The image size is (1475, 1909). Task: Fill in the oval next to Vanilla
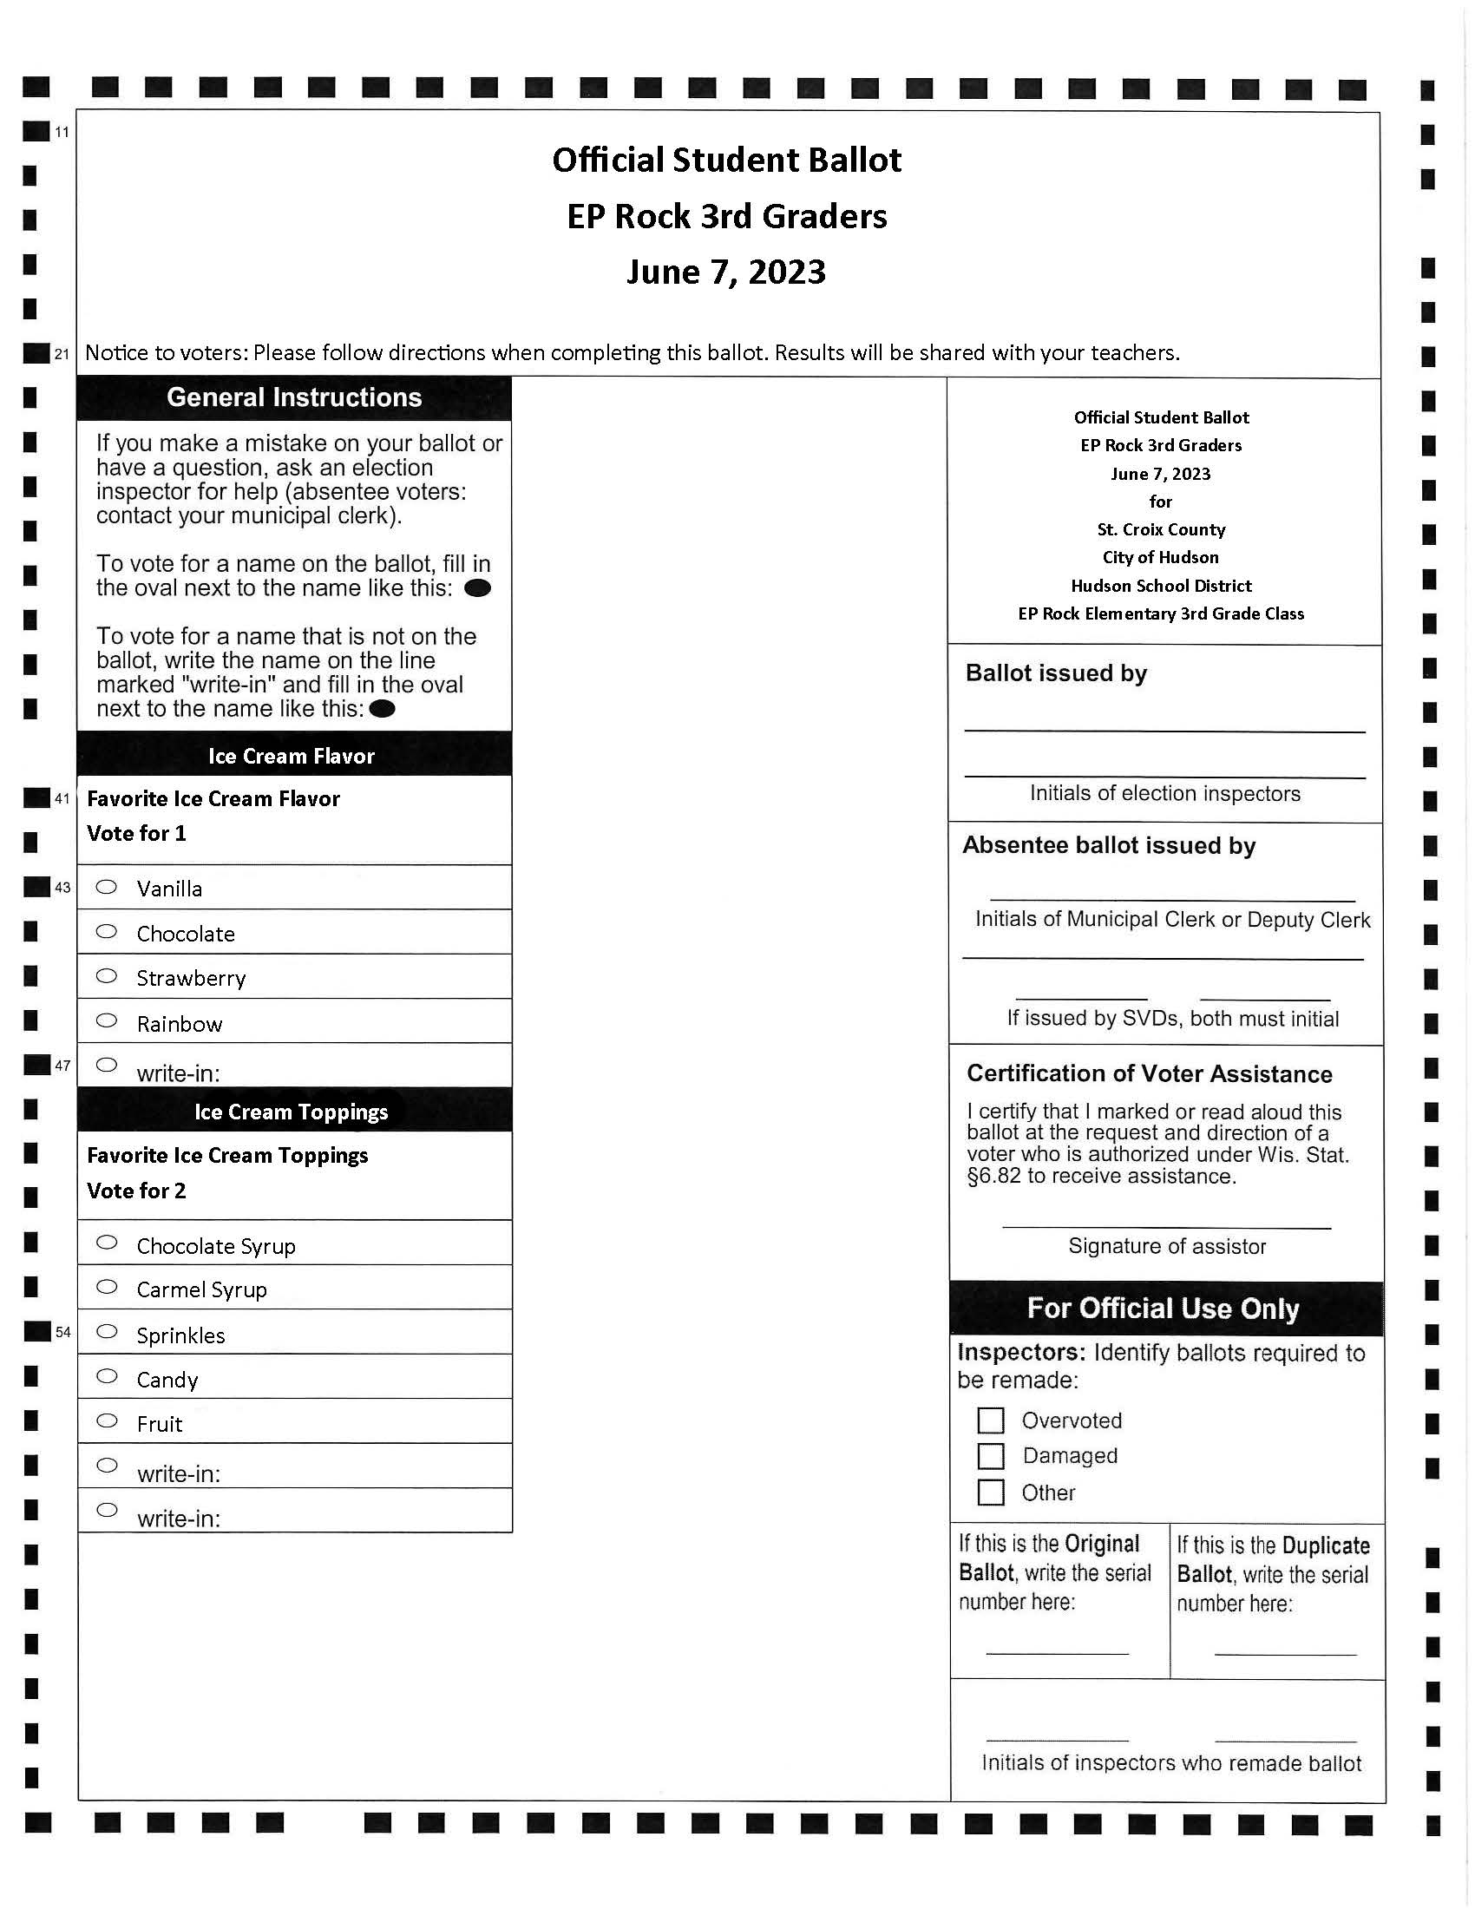tap(107, 886)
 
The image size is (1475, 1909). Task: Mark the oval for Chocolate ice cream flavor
tap(107, 932)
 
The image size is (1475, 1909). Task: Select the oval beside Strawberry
tap(107, 975)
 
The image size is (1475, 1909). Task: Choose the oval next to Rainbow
tap(107, 1020)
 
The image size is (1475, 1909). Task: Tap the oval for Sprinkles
tap(107, 1331)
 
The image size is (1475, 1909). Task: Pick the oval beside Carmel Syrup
tap(107, 1287)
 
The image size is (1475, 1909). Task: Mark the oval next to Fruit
tap(107, 1420)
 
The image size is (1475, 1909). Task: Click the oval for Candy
tap(107, 1376)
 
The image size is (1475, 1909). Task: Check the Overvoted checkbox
tap(990, 1420)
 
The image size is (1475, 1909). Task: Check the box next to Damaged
tap(990, 1456)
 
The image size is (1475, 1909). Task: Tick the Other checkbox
tap(990, 1492)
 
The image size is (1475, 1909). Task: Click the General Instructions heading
tap(293, 397)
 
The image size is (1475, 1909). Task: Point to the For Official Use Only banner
tap(1163, 1309)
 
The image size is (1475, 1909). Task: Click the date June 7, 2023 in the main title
tap(726, 272)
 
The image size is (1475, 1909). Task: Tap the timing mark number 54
tap(63, 1332)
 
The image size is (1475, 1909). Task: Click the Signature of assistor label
tap(1166, 1246)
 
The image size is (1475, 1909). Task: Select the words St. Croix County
tap(1160, 529)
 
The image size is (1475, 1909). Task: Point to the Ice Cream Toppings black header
tap(291, 1112)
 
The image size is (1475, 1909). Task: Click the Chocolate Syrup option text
tap(216, 1246)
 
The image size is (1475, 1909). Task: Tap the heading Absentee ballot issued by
tap(1109, 845)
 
